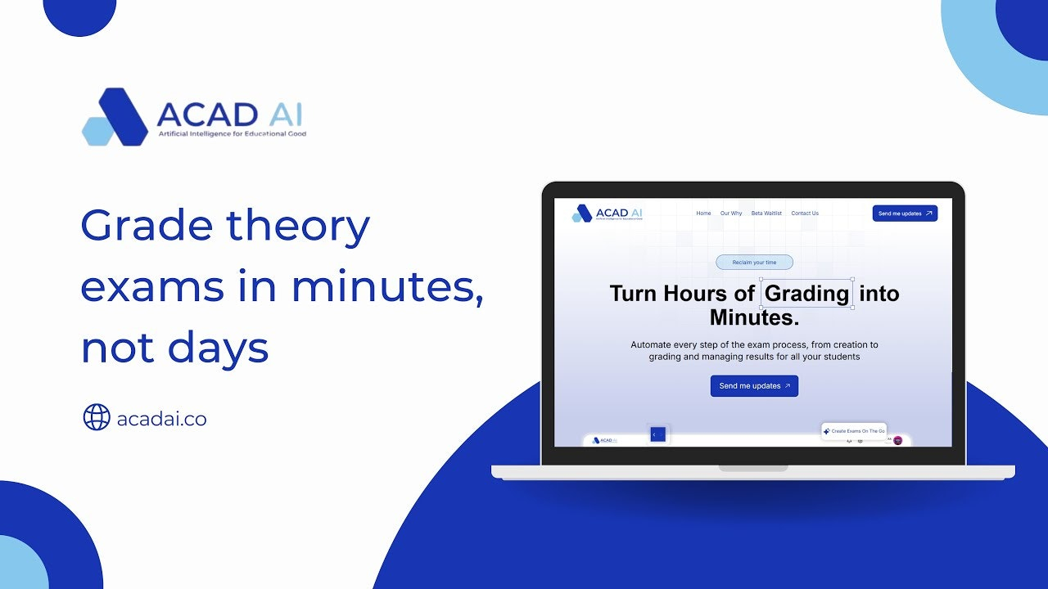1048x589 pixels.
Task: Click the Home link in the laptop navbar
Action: tap(703, 214)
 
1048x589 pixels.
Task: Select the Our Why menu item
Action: tap(731, 214)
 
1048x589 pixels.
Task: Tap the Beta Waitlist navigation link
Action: tap(766, 214)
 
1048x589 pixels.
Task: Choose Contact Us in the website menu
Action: tap(805, 214)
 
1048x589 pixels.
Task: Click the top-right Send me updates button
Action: tap(905, 214)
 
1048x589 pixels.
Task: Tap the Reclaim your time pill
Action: tap(754, 263)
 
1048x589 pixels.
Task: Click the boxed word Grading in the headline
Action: tap(807, 294)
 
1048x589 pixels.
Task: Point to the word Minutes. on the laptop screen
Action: tap(754, 317)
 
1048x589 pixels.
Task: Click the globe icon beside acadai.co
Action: tap(97, 417)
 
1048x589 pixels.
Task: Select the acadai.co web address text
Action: tap(161, 420)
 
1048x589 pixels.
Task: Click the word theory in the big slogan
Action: tap(298, 225)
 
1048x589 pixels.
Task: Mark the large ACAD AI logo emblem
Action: tap(115, 117)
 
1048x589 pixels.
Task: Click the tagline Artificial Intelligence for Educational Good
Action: tap(232, 133)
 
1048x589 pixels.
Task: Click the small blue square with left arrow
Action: tap(657, 434)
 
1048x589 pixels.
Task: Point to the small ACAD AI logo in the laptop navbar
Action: tap(582, 214)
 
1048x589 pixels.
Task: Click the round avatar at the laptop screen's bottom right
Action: tap(898, 440)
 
